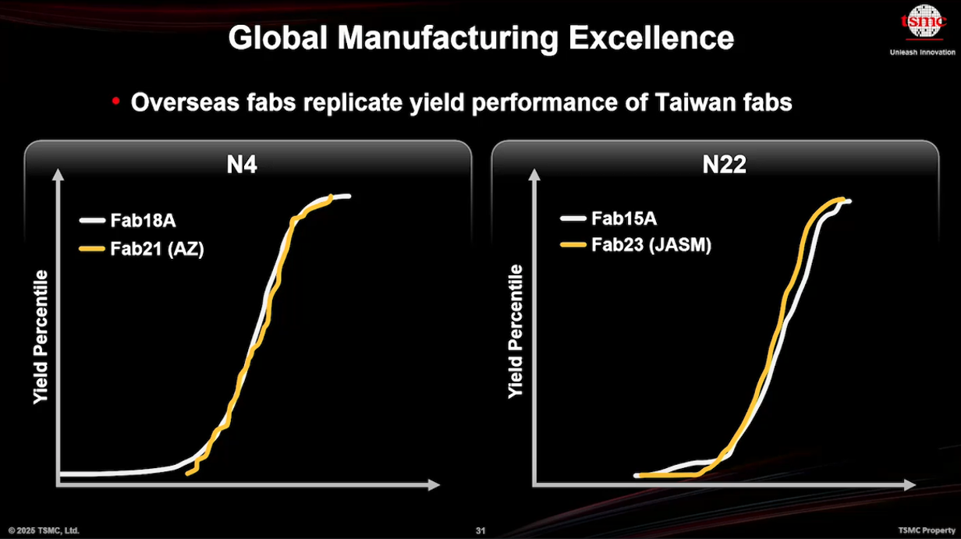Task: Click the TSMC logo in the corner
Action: (923, 23)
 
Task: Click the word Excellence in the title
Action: (651, 38)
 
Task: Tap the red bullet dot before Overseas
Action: (116, 101)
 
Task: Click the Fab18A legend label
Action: (143, 221)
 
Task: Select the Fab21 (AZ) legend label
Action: (157, 249)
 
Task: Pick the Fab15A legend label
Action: (623, 218)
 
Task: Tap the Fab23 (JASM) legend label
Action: (651, 246)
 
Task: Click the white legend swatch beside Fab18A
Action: (92, 221)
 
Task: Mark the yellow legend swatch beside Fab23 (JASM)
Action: (573, 246)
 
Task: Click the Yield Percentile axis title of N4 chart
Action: (41, 337)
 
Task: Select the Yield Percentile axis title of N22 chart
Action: (516, 332)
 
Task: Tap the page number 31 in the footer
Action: (480, 531)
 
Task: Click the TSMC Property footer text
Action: (925, 531)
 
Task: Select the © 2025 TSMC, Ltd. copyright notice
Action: (44, 531)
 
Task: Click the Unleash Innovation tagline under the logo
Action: (922, 53)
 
